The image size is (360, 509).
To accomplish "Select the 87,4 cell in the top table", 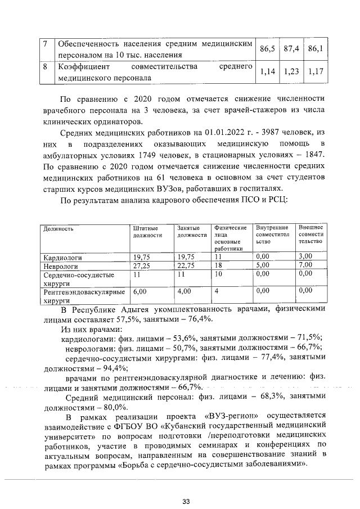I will point(291,49).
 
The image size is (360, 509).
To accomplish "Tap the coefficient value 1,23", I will point(291,72).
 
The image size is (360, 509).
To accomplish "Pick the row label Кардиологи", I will point(62,257).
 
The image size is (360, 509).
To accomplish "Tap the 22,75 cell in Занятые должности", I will point(186,265).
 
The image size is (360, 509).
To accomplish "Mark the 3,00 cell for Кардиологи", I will point(305,257).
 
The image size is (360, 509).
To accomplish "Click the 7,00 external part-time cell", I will point(305,265).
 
